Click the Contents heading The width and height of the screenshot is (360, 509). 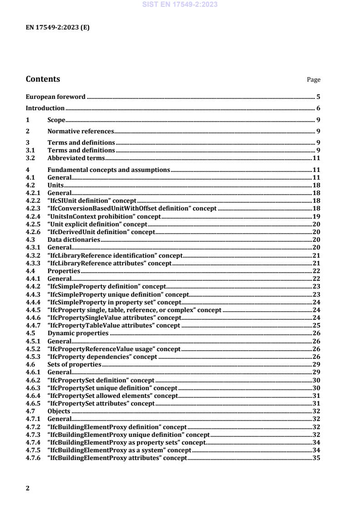[x=43, y=79]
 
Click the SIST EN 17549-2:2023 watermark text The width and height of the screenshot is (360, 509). [x=180, y=5]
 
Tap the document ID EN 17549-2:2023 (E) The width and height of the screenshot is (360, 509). [x=57, y=27]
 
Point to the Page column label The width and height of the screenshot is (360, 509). [x=313, y=80]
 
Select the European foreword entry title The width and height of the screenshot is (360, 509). [x=56, y=97]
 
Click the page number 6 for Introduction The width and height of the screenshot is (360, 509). [x=318, y=108]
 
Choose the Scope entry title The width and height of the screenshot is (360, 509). [x=57, y=120]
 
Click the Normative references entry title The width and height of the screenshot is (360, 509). [x=80, y=132]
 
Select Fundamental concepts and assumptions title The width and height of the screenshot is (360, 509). [x=108, y=170]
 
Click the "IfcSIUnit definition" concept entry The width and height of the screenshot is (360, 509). [x=92, y=200]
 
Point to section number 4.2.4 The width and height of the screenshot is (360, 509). [x=33, y=216]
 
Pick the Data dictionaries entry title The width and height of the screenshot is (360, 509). [x=74, y=240]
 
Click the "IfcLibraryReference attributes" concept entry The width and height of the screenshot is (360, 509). [x=109, y=264]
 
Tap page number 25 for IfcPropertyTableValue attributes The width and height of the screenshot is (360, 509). [x=316, y=325]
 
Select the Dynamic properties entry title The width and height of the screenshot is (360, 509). [x=78, y=333]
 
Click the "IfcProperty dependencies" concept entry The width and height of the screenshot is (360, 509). [x=102, y=357]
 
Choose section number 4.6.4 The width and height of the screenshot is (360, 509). [x=33, y=396]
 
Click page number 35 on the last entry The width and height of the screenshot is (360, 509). [x=316, y=458]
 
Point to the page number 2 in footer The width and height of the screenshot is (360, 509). [x=28, y=488]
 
